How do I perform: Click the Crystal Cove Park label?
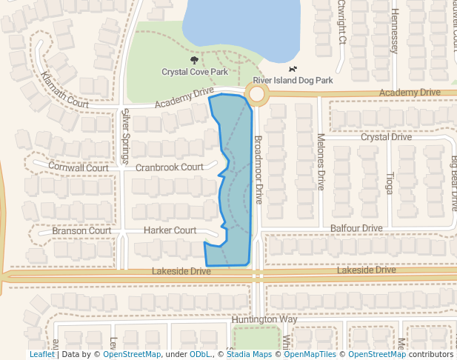click(x=195, y=72)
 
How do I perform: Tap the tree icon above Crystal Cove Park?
click(x=195, y=60)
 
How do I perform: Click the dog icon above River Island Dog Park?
click(x=293, y=69)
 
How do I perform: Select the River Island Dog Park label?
click(x=293, y=80)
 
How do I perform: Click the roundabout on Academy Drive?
click(x=257, y=94)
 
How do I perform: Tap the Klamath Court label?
click(x=65, y=90)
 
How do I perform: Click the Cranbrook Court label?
click(x=169, y=167)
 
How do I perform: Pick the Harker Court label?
click(x=170, y=230)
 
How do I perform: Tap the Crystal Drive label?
click(x=386, y=137)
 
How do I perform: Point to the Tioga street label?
click(x=390, y=183)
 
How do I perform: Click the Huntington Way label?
click(x=264, y=319)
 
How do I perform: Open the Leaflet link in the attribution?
click(x=41, y=355)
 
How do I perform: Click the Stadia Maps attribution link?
click(x=249, y=355)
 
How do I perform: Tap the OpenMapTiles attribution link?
click(x=308, y=355)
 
